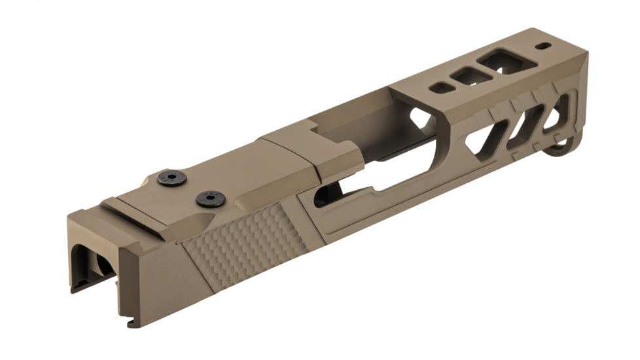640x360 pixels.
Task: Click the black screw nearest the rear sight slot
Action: [x=172, y=177]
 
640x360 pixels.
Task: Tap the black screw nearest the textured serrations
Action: [x=211, y=199]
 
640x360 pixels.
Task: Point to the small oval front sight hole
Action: [x=544, y=46]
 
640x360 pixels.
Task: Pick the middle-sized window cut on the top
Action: [x=471, y=76]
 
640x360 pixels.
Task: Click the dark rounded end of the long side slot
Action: [x=322, y=196]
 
